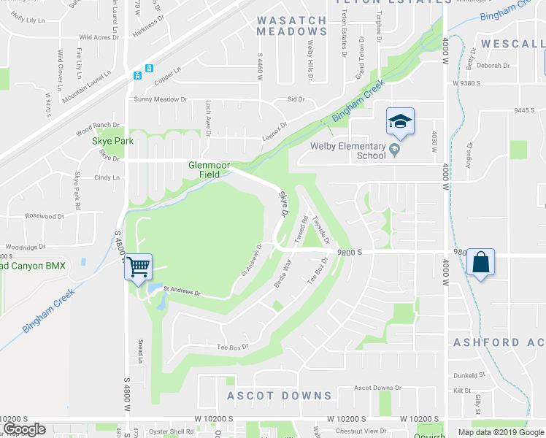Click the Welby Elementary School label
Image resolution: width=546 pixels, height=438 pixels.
click(x=347, y=150)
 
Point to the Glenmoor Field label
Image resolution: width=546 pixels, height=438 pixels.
click(x=209, y=169)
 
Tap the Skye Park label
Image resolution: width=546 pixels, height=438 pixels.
click(x=112, y=141)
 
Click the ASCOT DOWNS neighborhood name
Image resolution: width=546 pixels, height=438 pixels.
click(x=279, y=396)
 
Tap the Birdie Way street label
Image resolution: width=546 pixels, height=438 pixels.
click(x=283, y=273)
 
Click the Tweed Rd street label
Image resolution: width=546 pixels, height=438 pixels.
click(x=300, y=231)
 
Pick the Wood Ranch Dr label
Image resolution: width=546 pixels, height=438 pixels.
click(x=97, y=128)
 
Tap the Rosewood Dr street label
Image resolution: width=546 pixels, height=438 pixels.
click(x=45, y=216)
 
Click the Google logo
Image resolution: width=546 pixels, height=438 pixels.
click(x=24, y=429)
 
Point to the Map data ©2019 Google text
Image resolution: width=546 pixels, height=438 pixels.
click(x=499, y=432)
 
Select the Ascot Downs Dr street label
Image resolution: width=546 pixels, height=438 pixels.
click(x=377, y=388)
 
